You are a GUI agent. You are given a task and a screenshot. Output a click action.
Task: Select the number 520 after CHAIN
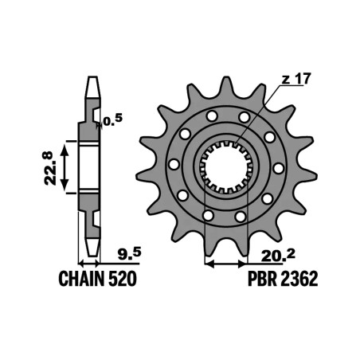[124, 280]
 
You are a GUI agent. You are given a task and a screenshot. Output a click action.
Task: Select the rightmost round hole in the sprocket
[279, 168]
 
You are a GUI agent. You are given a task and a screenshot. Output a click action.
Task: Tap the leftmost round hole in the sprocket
[173, 164]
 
